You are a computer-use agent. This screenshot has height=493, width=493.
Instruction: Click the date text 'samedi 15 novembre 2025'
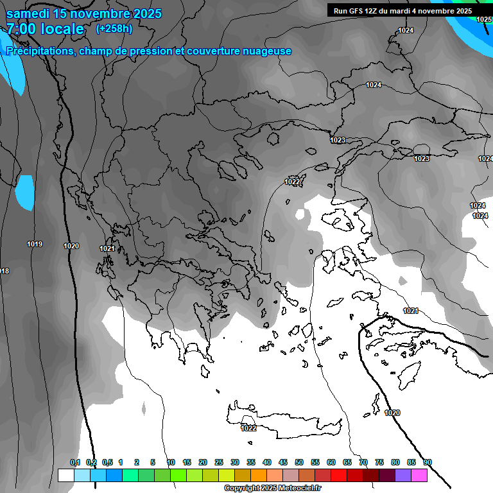[83, 13]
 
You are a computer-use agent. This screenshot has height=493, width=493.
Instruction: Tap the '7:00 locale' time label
[45, 29]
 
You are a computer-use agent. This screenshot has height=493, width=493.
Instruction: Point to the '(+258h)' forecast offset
[114, 28]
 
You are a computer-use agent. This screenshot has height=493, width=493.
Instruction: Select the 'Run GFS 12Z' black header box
[401, 10]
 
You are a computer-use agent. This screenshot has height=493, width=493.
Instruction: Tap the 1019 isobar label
[35, 245]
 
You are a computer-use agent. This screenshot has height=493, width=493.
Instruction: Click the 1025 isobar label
[484, 19]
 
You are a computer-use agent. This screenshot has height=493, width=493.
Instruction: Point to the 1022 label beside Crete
[248, 428]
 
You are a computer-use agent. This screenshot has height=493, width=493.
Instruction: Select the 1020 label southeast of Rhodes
[392, 413]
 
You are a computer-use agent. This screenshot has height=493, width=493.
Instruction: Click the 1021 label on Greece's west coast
[107, 248]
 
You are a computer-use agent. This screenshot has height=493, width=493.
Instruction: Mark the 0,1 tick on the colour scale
[75, 462]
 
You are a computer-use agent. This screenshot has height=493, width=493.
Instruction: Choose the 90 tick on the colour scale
[428, 462]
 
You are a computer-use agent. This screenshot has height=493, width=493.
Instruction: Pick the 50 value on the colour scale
[299, 462]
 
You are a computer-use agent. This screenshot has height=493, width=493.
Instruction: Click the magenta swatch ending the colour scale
[419, 475]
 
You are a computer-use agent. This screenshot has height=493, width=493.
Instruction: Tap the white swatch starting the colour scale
[65, 475]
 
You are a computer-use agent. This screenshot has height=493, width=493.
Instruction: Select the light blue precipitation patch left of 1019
[25, 192]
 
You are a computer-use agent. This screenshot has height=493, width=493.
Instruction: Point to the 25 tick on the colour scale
[219, 462]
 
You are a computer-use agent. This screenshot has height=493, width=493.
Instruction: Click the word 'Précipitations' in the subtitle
[40, 51]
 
